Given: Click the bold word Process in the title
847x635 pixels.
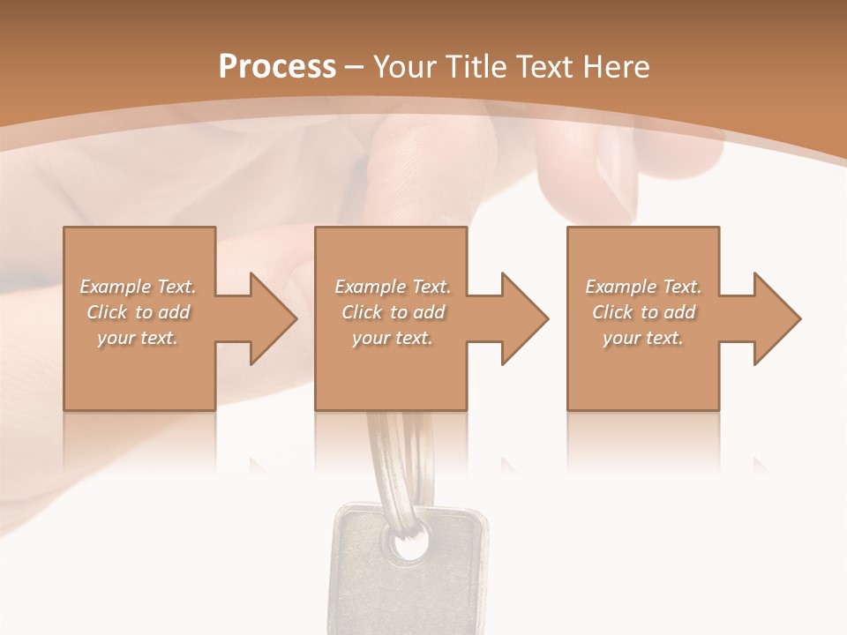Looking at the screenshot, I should pos(277,67).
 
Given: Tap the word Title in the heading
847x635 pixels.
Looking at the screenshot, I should pos(475,67).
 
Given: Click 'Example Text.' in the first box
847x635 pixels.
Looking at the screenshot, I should pos(139,287).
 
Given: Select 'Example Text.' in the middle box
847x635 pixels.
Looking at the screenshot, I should pos(393,287).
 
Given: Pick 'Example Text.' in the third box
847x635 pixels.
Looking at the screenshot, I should pos(643,287).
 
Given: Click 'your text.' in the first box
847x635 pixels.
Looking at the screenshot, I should pos(139,338).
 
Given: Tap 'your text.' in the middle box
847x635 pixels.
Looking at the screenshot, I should pos(393,338).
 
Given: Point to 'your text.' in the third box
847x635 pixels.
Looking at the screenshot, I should pos(643,338).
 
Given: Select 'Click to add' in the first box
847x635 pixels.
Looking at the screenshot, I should pos(139,312).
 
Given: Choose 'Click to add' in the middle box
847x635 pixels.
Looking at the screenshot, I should pos(393,312).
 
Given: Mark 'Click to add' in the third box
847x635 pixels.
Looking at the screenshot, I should pos(643,312).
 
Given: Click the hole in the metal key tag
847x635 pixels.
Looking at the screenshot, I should pos(409,546).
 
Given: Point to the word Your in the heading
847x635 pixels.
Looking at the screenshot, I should pos(406,67).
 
